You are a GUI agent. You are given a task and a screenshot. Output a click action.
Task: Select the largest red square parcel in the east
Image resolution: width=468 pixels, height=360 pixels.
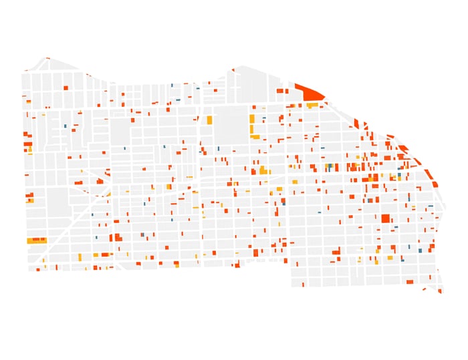coord(386,218)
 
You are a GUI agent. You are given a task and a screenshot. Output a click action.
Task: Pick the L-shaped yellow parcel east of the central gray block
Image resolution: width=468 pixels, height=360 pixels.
coord(253,127)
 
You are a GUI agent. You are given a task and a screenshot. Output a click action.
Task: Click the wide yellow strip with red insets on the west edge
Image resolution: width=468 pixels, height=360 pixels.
coord(36,240)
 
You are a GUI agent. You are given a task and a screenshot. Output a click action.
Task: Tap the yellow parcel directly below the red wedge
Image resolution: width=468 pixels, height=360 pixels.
coord(312,105)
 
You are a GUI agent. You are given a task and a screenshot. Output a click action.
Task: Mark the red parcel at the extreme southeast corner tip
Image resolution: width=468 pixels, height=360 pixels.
coord(440,291)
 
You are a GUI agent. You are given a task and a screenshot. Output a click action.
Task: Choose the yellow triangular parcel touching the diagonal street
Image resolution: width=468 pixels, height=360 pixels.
coord(107,194)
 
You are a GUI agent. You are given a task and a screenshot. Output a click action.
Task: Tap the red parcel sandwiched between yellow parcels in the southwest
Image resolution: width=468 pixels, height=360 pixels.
coord(104,254)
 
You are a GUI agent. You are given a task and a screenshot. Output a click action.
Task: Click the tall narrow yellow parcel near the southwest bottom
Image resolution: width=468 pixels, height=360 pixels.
coord(80,257)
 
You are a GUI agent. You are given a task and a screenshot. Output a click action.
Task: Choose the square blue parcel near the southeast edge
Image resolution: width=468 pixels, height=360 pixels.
coord(420,250)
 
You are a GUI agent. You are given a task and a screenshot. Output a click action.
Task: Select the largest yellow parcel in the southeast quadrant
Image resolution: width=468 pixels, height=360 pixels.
coord(390,257)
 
